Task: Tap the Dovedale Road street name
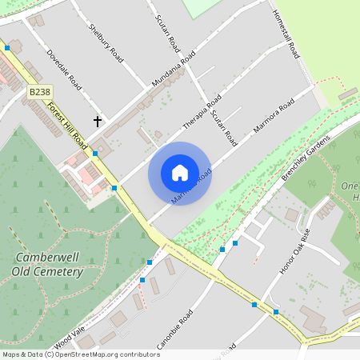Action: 65,70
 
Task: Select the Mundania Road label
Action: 174,70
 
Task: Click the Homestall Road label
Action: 285,34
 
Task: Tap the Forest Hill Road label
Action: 67,122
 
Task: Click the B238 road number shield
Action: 39,93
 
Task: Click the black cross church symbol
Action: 98,122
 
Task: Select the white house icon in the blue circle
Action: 179,173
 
